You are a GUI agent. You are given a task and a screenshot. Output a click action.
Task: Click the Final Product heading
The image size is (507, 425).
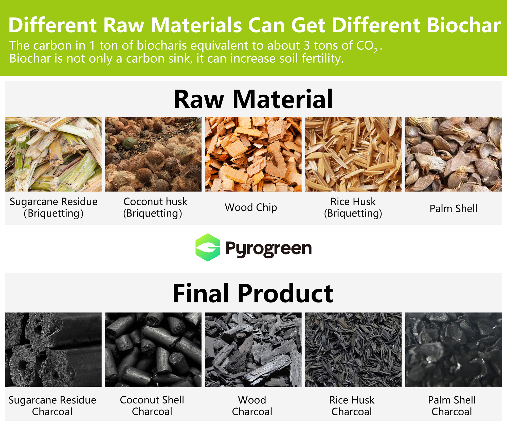(x=253, y=293)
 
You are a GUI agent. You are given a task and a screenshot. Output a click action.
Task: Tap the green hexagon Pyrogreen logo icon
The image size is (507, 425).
(x=208, y=247)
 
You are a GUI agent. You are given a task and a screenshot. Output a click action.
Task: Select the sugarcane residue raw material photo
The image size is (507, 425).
(x=53, y=154)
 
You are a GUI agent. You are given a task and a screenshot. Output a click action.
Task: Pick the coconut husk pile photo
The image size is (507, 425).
(x=153, y=154)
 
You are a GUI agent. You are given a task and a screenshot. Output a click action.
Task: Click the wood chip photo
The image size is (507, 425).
(x=253, y=154)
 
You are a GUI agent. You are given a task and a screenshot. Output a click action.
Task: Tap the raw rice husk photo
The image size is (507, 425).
(x=353, y=154)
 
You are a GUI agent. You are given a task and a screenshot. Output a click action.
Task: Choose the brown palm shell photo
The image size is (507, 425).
(x=453, y=154)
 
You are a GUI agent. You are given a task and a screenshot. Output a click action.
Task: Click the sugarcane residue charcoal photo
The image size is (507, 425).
(x=53, y=350)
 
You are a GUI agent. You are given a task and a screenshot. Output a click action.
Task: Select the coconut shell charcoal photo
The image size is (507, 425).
(x=153, y=350)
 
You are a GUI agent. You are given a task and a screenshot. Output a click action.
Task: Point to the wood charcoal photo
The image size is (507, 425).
(x=253, y=350)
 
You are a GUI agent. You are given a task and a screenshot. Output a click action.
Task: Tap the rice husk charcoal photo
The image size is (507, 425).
(x=353, y=350)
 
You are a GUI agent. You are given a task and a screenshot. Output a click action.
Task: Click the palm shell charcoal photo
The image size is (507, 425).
(x=453, y=350)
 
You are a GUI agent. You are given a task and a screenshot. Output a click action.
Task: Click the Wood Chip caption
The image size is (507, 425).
(x=251, y=207)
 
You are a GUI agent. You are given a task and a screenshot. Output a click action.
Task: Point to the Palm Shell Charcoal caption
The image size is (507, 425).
(x=452, y=406)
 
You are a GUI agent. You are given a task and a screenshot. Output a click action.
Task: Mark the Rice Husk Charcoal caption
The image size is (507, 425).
(x=352, y=406)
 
